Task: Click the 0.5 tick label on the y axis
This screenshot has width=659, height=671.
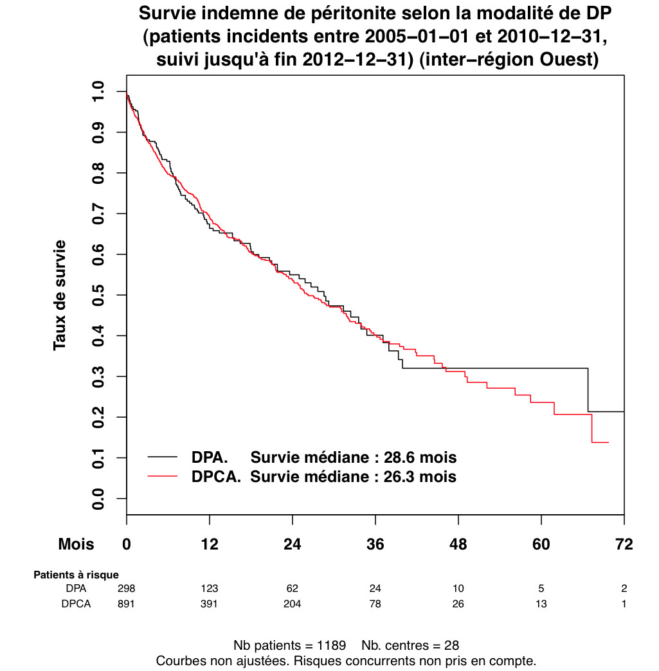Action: (x=98, y=295)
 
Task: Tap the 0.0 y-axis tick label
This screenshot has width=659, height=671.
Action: (x=98, y=499)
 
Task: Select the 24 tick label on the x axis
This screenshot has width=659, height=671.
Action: (x=293, y=544)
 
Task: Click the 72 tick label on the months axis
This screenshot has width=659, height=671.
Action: (x=624, y=544)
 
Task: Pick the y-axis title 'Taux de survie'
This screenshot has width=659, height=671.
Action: (x=60, y=295)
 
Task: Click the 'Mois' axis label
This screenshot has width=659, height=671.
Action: (x=76, y=544)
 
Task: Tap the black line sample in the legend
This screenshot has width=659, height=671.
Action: (x=163, y=457)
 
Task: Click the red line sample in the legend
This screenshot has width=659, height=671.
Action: (x=163, y=476)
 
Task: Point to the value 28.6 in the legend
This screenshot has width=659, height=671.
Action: (x=403, y=458)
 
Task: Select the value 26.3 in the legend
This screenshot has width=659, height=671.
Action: (x=403, y=477)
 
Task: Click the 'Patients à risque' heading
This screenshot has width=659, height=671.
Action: (x=76, y=575)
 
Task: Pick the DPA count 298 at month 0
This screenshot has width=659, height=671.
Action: (x=127, y=589)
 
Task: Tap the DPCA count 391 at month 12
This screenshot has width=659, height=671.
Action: (x=210, y=604)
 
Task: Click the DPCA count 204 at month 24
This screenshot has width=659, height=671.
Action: (x=293, y=604)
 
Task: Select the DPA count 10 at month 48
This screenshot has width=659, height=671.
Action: (x=458, y=589)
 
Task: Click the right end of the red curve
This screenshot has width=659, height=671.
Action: (x=608, y=442)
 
